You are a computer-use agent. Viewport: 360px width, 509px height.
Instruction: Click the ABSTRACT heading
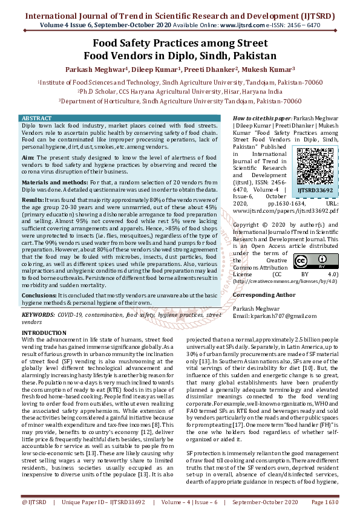(36, 117)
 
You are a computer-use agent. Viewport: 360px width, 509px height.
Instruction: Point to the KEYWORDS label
(38, 315)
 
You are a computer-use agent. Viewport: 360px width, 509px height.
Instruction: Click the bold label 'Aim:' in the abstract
(28, 157)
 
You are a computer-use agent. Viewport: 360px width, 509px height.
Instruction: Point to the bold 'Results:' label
(33, 199)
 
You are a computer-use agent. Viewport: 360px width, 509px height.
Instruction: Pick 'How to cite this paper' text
(261, 118)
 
